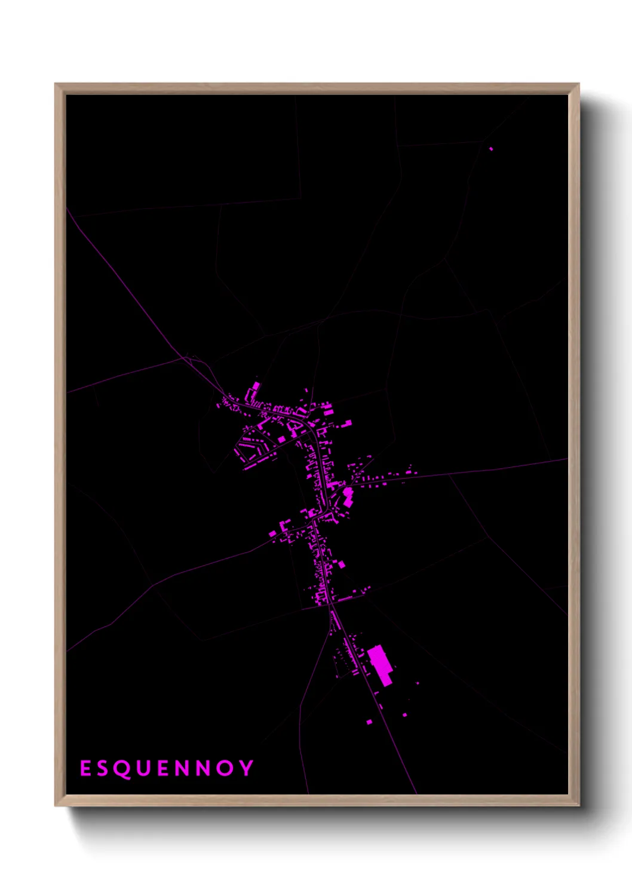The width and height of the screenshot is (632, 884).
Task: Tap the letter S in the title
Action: pyautogui.click(x=102, y=768)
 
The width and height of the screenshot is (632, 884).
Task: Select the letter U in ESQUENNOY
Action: pyautogui.click(x=143, y=768)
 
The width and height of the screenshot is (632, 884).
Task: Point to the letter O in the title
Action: pyautogui.click(x=224, y=768)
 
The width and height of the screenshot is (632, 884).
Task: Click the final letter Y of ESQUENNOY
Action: pyautogui.click(x=246, y=768)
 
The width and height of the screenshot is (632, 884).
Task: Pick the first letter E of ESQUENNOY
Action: pyautogui.click(x=85, y=768)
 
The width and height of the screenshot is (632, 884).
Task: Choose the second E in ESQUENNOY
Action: pyautogui.click(x=163, y=768)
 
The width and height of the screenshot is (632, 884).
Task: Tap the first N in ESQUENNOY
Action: pyautogui.click(x=182, y=768)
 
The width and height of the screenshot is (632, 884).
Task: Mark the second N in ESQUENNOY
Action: pyautogui.click(x=203, y=768)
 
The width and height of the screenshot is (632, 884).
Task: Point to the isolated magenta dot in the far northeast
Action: pyautogui.click(x=491, y=149)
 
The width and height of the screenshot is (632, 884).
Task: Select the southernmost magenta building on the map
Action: pyautogui.click(x=369, y=722)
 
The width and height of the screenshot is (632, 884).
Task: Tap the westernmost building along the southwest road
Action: pyautogui.click(x=273, y=532)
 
